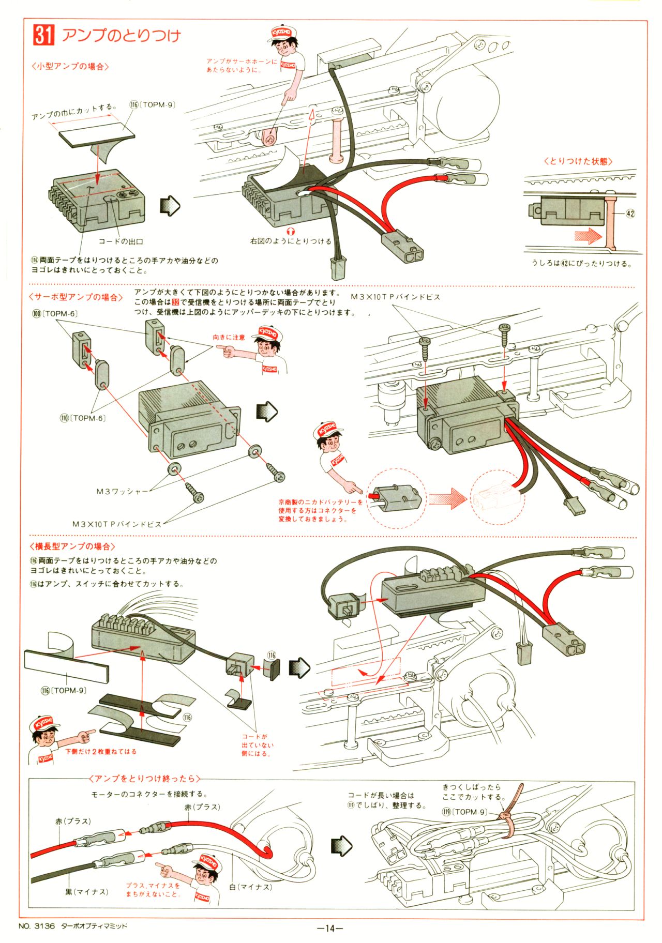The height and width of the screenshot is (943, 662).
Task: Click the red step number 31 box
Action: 43,35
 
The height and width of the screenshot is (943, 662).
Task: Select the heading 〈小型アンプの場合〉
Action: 70,67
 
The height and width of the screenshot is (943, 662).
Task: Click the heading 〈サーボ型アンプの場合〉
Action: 76,297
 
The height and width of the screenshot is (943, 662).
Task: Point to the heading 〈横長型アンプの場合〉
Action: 72,546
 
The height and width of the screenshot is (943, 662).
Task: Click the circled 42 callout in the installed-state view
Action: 630,213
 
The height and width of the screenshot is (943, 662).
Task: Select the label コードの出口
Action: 121,241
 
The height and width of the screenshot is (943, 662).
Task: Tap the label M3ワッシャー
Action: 122,491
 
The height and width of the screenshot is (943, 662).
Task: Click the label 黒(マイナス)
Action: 86,892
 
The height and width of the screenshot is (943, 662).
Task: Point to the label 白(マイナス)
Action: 250,887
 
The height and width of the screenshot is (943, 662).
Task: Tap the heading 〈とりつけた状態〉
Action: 578,161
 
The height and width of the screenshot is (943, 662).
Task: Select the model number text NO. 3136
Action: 36,926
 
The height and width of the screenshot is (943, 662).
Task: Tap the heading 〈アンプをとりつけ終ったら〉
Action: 144,779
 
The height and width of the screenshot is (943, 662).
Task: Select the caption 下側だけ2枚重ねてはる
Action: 101,751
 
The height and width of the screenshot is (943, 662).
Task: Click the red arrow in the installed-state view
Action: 588,236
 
